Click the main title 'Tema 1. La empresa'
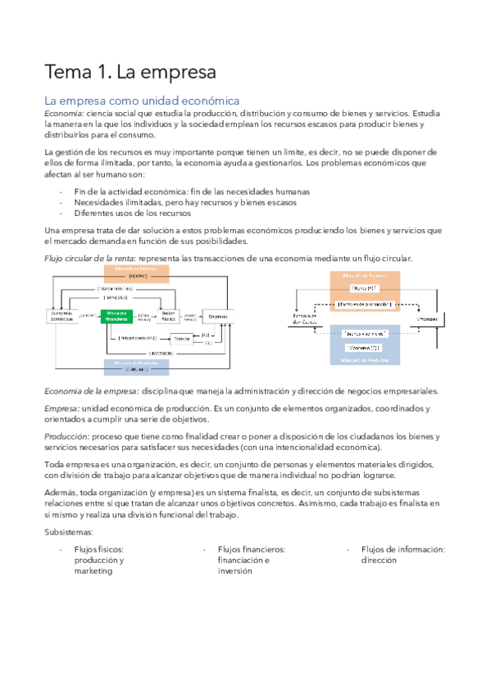tap(130, 71)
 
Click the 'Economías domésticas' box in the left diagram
tap(63, 316)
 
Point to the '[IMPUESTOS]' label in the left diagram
tap(117, 298)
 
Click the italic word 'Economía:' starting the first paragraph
tap(63, 113)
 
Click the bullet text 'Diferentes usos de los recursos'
tap(132, 212)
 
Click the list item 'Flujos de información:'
tap(402, 549)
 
